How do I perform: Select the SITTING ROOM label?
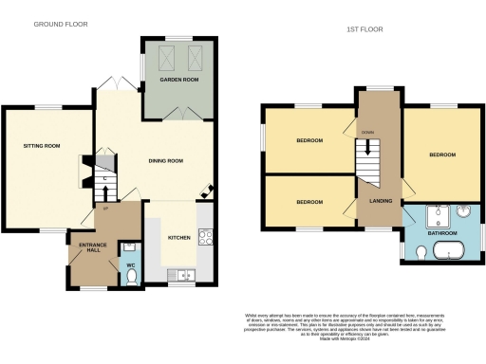(42, 146)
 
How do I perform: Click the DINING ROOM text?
(167, 160)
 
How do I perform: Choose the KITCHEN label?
(180, 237)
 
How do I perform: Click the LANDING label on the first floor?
(369, 200)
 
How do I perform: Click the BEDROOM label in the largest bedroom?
(442, 154)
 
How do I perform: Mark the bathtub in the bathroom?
(448, 251)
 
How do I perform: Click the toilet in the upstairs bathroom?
(421, 251)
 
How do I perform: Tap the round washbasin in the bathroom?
(464, 212)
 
